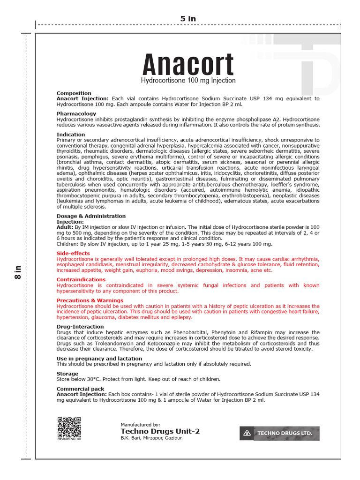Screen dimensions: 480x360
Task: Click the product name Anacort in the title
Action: (188, 65)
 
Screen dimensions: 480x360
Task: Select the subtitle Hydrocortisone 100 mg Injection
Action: (188, 81)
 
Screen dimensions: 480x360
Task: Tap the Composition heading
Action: (74, 93)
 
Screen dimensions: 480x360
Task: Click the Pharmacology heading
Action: (76, 114)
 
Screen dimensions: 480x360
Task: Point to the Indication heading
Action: (71, 135)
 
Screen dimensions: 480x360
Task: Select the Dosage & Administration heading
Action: (91, 216)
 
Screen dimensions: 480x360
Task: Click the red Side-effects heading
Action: (73, 253)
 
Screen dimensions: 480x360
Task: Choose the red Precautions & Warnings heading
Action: (90, 300)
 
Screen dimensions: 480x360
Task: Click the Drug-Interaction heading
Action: (80, 327)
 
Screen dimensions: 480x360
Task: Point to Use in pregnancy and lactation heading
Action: (99, 359)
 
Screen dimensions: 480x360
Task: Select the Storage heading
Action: (67, 374)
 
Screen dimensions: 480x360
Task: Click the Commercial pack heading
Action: (80, 389)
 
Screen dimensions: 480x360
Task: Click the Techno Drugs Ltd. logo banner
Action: (279, 434)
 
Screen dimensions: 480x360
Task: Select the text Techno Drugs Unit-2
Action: (160, 431)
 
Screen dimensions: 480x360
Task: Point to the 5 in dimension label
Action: (188, 19)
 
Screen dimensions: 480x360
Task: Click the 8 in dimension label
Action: (18, 273)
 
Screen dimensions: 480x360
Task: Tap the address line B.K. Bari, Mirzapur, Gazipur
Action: (151, 438)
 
